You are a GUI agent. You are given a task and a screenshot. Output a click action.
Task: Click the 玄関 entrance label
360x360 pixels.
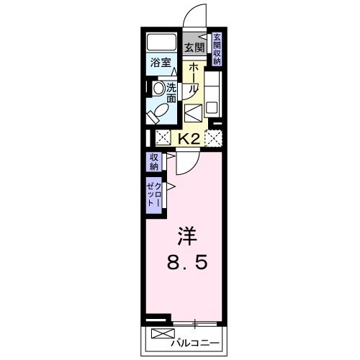tap(194, 48)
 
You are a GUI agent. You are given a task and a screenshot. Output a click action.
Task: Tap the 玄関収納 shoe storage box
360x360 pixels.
tap(217, 49)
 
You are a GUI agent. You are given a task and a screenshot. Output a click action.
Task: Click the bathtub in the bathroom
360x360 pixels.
tap(161, 42)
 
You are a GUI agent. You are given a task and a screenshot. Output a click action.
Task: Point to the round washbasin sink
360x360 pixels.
tap(158, 89)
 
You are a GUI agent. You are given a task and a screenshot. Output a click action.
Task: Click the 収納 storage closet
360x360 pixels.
tap(154, 162)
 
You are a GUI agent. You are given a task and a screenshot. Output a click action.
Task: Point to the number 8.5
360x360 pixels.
tap(188, 264)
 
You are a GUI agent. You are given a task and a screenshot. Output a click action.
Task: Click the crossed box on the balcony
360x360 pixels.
tap(162, 336)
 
